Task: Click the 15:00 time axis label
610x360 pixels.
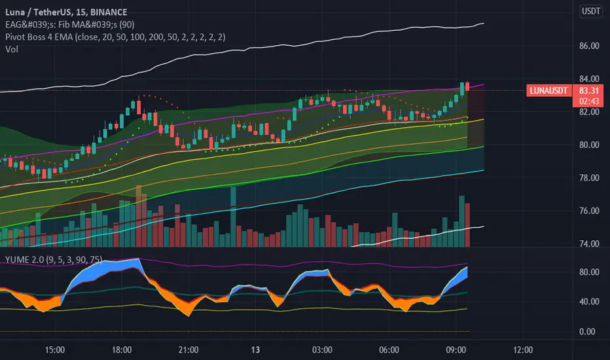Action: coord(55,348)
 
